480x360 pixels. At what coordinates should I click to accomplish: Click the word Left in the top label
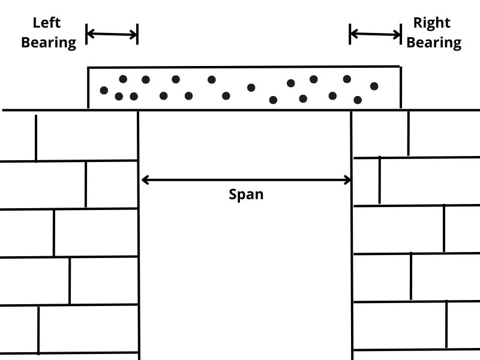47,23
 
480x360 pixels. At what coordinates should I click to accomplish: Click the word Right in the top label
431,23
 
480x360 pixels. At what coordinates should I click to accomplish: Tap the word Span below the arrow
246,194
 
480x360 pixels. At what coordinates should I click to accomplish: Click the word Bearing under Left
49,43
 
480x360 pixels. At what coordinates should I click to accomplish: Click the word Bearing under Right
434,43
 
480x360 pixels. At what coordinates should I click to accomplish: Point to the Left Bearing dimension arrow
112,34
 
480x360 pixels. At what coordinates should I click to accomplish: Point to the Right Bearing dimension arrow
375,34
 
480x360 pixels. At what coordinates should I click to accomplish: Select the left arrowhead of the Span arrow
145,179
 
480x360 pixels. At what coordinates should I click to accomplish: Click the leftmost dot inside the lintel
104,91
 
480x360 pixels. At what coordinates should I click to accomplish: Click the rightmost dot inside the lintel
374,86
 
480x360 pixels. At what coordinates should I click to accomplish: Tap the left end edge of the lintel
89,88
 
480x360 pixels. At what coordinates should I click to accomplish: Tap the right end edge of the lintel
400,88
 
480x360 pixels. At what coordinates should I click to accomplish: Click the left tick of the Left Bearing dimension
87,34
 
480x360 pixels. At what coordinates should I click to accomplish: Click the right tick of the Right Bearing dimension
401,34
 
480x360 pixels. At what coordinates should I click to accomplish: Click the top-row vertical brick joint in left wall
36,137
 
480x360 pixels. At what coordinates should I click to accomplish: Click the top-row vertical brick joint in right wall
408,133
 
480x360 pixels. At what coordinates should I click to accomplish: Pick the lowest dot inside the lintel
273,100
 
